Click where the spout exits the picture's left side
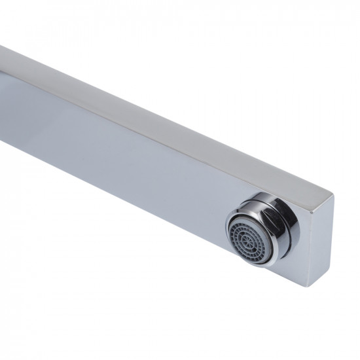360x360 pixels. tap(3, 85)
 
